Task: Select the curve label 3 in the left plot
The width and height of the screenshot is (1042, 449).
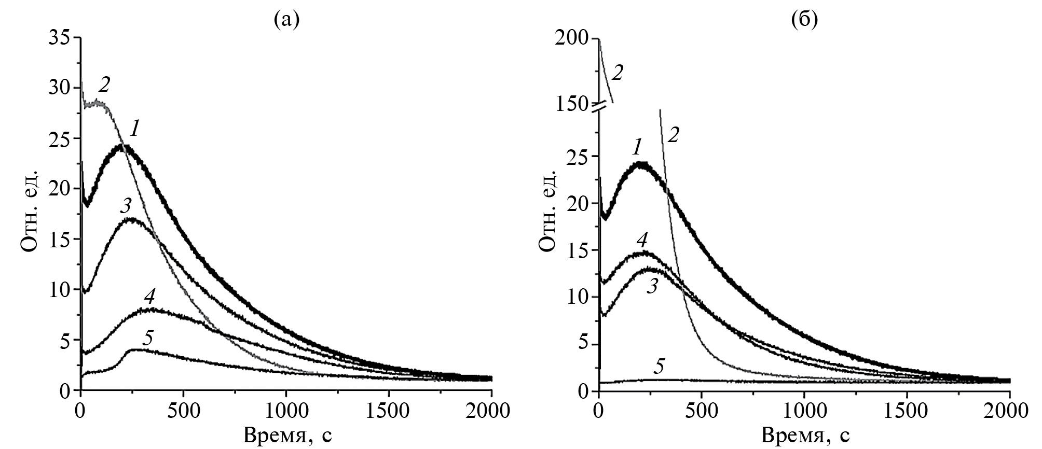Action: pos(125,206)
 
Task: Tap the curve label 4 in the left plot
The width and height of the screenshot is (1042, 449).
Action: pos(150,296)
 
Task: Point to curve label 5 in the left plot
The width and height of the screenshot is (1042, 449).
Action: pos(148,338)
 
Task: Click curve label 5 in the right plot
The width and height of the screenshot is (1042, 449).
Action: pos(659,367)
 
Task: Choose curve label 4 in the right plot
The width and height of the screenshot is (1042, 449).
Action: pos(642,240)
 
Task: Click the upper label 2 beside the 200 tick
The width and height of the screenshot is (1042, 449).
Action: pos(617,73)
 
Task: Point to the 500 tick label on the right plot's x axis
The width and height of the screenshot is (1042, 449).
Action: pos(701,412)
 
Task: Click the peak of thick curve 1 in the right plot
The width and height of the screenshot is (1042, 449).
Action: pos(641,165)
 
